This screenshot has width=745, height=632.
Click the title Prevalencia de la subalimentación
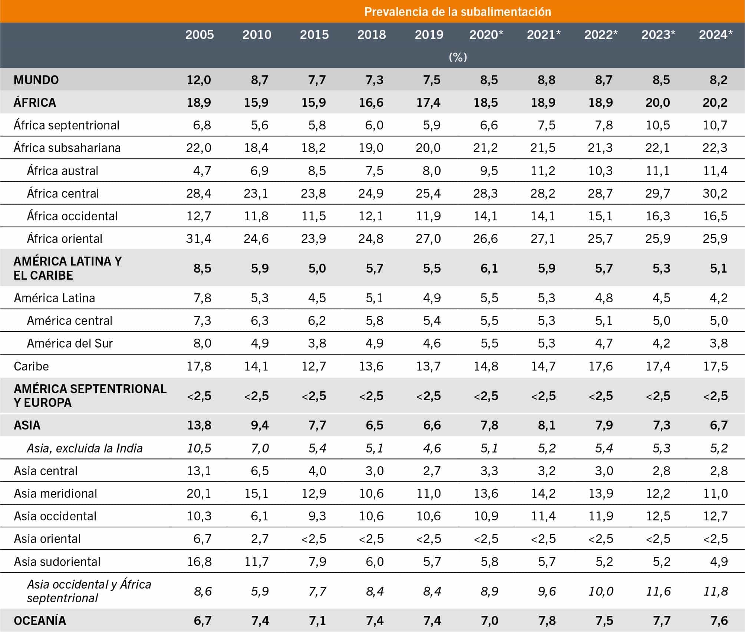(458, 12)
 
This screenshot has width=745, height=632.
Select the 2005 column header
(200, 34)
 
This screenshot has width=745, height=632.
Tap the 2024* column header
(716, 34)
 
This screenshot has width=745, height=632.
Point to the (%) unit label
(458, 57)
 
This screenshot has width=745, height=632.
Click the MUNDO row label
(36, 80)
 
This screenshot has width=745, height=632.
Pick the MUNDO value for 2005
(199, 80)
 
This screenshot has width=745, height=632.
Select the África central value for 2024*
(715, 193)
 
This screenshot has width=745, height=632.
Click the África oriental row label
(65, 238)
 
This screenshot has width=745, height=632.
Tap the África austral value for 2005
(202, 171)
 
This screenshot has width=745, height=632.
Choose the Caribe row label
(31, 366)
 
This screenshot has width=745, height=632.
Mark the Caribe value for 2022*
(600, 366)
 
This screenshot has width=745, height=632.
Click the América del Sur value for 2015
(317, 343)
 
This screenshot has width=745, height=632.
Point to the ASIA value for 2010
(260, 425)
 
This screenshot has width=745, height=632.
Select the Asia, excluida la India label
(85, 448)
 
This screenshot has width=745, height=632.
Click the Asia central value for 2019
(432, 471)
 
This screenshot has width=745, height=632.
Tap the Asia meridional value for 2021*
(543, 493)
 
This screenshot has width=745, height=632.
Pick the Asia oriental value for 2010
(260, 539)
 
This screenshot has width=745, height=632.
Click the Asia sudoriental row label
(57, 562)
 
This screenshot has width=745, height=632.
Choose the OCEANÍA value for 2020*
(489, 621)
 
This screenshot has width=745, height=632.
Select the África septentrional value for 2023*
(658, 125)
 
